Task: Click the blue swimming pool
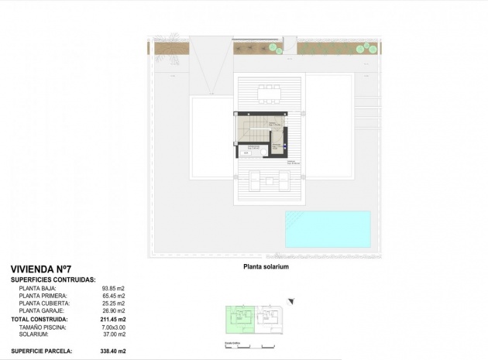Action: click(x=328, y=229)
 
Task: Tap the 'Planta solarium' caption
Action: click(x=266, y=266)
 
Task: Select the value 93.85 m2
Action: click(x=113, y=288)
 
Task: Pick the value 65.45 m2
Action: click(x=113, y=296)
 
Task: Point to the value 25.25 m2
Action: click(x=113, y=303)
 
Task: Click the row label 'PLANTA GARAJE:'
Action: click(x=43, y=311)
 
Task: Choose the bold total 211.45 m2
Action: click(x=113, y=319)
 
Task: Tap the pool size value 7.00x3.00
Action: click(x=113, y=327)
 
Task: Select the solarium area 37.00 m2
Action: click(x=113, y=334)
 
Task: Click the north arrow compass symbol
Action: click(x=290, y=300)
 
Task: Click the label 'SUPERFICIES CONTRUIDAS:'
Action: click(x=53, y=279)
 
